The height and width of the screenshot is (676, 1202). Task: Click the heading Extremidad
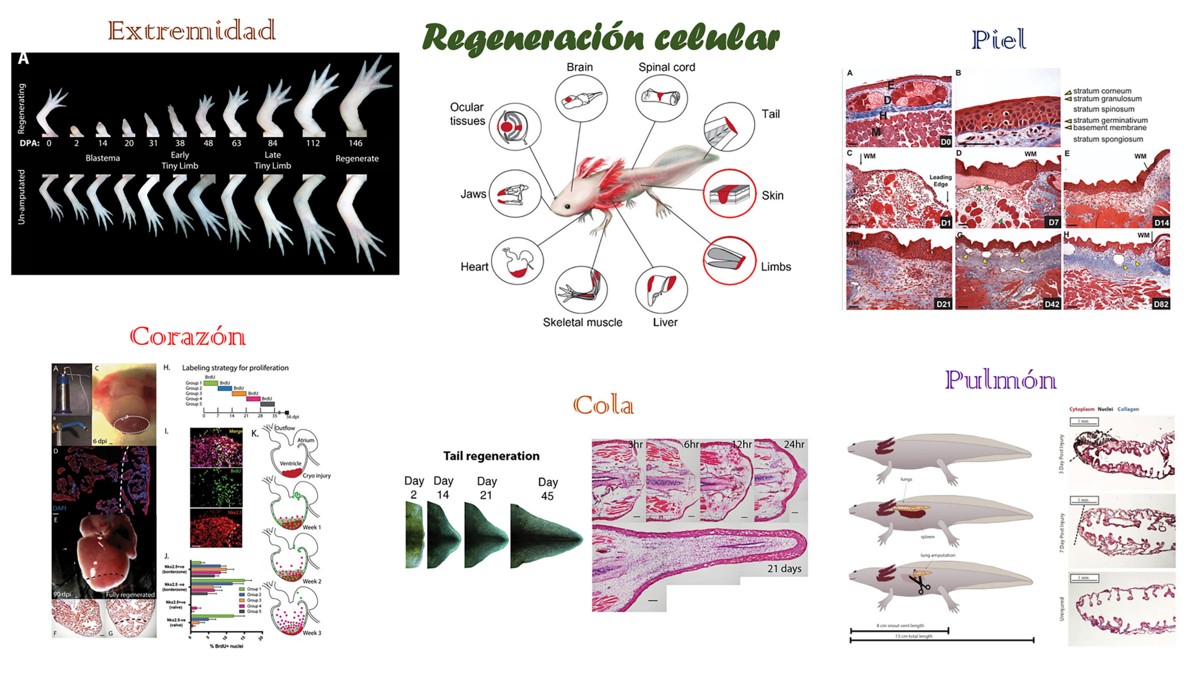click(192, 31)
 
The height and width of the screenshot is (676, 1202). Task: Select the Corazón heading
click(187, 336)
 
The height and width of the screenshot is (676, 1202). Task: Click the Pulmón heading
click(1001, 380)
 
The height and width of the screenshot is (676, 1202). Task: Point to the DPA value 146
click(355, 143)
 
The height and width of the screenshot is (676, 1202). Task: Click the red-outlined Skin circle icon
click(729, 193)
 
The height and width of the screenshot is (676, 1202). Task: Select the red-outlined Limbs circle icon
click(729, 261)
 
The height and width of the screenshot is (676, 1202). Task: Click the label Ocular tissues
click(467, 114)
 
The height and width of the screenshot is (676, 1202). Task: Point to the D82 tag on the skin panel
click(1161, 304)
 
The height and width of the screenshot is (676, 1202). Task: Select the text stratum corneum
click(1102, 91)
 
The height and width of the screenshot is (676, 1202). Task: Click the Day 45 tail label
click(547, 489)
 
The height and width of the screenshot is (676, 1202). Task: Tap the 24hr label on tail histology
click(794, 444)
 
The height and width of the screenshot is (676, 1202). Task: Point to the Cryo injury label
click(316, 476)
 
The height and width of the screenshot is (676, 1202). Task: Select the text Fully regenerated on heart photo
click(130, 594)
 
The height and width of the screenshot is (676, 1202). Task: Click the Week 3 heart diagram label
click(312, 633)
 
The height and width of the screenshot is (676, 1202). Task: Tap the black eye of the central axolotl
click(567, 206)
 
